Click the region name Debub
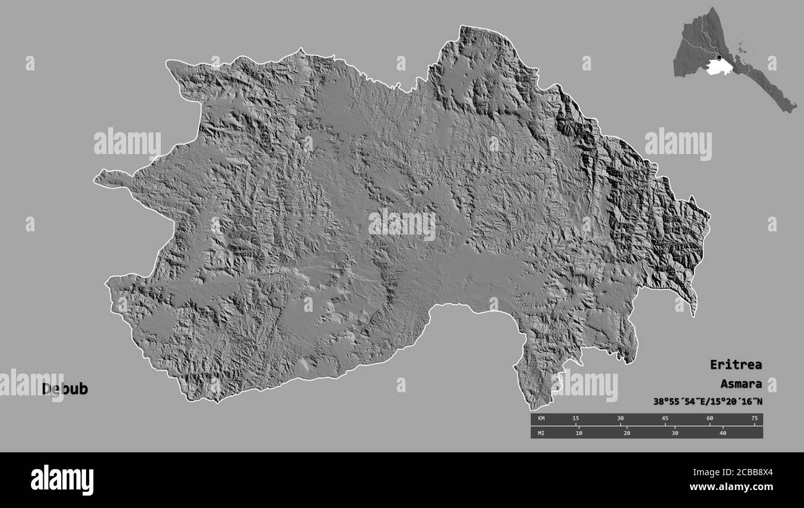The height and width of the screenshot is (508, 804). [x=65, y=389]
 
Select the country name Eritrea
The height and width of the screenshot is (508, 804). [x=735, y=364]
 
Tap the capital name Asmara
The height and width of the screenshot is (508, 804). [x=741, y=384]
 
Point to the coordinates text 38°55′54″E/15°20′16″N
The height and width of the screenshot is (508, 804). [x=708, y=402]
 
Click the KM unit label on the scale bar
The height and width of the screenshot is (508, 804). [x=541, y=419]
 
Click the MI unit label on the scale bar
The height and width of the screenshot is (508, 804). [x=541, y=433]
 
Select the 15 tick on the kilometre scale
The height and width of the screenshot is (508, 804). [x=576, y=419]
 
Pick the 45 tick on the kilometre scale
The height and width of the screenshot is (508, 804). [x=665, y=419]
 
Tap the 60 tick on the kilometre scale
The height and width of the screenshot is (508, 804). [x=709, y=419]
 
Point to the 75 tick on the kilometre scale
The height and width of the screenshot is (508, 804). [x=754, y=419]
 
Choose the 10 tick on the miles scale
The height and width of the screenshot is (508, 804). [x=579, y=433]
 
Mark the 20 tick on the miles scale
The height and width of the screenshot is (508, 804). [x=627, y=433]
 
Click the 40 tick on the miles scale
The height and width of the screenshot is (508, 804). [x=722, y=433]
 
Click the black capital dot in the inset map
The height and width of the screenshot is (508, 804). [x=719, y=58]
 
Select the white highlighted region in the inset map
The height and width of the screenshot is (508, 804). [x=717, y=67]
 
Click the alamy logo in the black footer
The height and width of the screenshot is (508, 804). [x=62, y=480]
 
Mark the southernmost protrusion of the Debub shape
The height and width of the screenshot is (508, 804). [x=531, y=405]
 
